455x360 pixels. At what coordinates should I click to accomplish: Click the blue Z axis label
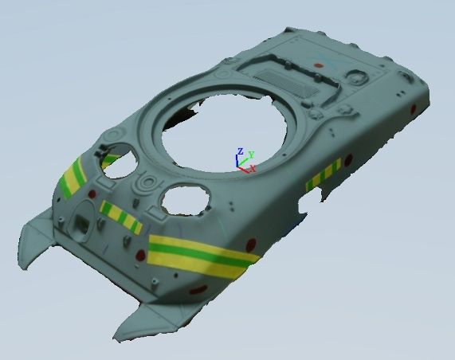click(240, 151)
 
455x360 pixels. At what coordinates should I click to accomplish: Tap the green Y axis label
click(251, 155)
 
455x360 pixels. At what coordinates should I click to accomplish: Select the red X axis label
click(253, 168)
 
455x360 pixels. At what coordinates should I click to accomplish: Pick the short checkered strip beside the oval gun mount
click(120, 217)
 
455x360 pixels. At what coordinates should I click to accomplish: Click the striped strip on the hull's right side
click(324, 175)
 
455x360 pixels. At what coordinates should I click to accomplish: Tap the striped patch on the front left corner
click(73, 177)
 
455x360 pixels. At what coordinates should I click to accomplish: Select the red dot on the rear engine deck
click(319, 65)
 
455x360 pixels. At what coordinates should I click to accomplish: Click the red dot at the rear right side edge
click(414, 109)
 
